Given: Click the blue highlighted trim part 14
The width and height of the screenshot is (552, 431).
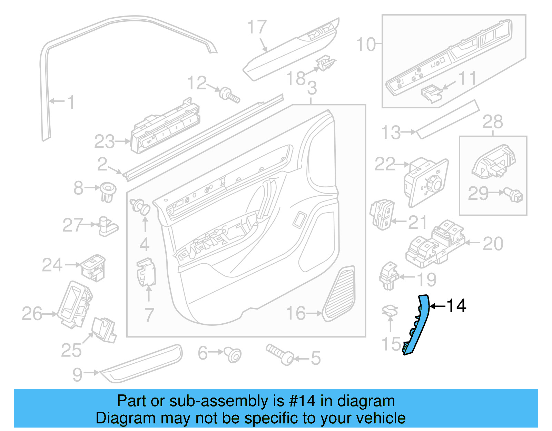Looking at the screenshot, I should tap(418, 324).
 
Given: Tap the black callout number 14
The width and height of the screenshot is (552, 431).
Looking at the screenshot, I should tap(456, 306).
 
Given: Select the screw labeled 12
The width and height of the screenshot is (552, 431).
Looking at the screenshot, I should tap(229, 95).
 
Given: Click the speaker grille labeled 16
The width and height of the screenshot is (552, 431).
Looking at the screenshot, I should tap(340, 294).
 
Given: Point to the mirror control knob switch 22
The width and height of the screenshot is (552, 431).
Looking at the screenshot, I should tap(426, 181).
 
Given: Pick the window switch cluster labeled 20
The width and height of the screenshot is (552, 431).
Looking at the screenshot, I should tap(435, 243).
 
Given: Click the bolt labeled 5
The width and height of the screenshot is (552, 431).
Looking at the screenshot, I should tap(279, 354).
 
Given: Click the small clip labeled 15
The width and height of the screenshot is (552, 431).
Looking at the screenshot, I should tap(390, 311).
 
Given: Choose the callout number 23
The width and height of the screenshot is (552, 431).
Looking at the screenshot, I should tap(104, 141).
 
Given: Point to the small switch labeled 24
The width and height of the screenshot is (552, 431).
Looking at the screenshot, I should tap(93, 268).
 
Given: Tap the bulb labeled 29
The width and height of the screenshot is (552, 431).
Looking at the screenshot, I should tap(514, 195).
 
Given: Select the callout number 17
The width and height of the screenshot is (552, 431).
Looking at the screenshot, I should tap(257, 27).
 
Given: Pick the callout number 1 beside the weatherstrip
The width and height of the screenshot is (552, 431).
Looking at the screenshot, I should tap(71, 102).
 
